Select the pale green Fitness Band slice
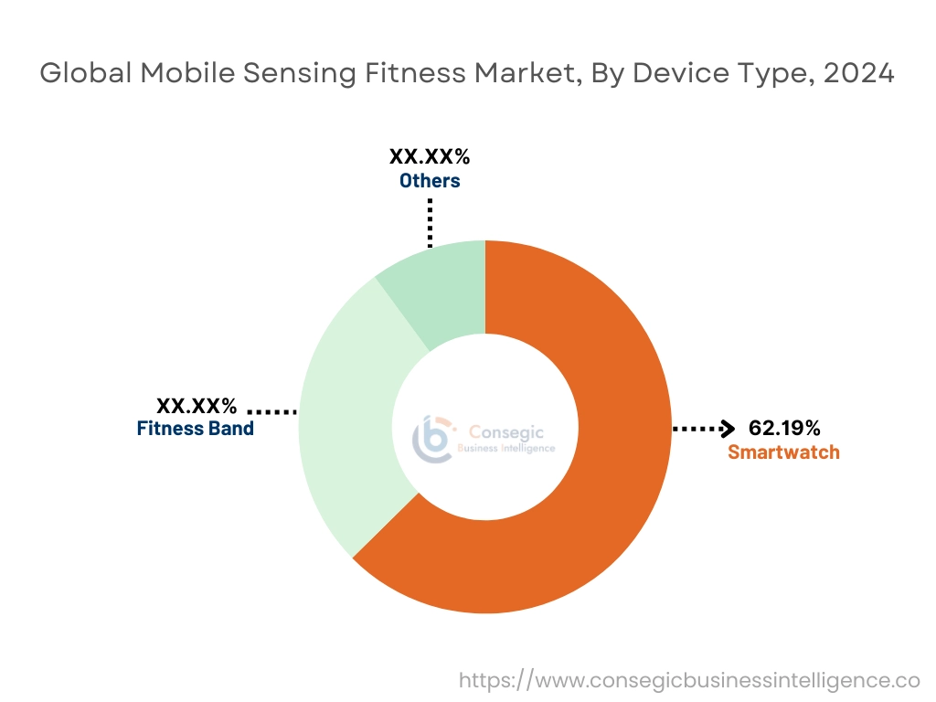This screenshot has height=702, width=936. tap(343, 430)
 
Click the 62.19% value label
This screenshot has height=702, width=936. tap(784, 428)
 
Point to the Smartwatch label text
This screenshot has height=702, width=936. tap(783, 452)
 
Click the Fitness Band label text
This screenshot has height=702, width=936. tap(196, 428)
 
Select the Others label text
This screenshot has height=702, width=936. tap(430, 180)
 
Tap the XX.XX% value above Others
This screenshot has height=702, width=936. tap(430, 155)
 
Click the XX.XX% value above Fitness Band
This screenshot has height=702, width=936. tap(197, 404)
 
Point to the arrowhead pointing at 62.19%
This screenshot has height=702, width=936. tap(729, 428)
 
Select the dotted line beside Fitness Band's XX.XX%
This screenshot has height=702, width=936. tap(272, 411)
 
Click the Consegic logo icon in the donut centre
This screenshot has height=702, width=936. tap(433, 440)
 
